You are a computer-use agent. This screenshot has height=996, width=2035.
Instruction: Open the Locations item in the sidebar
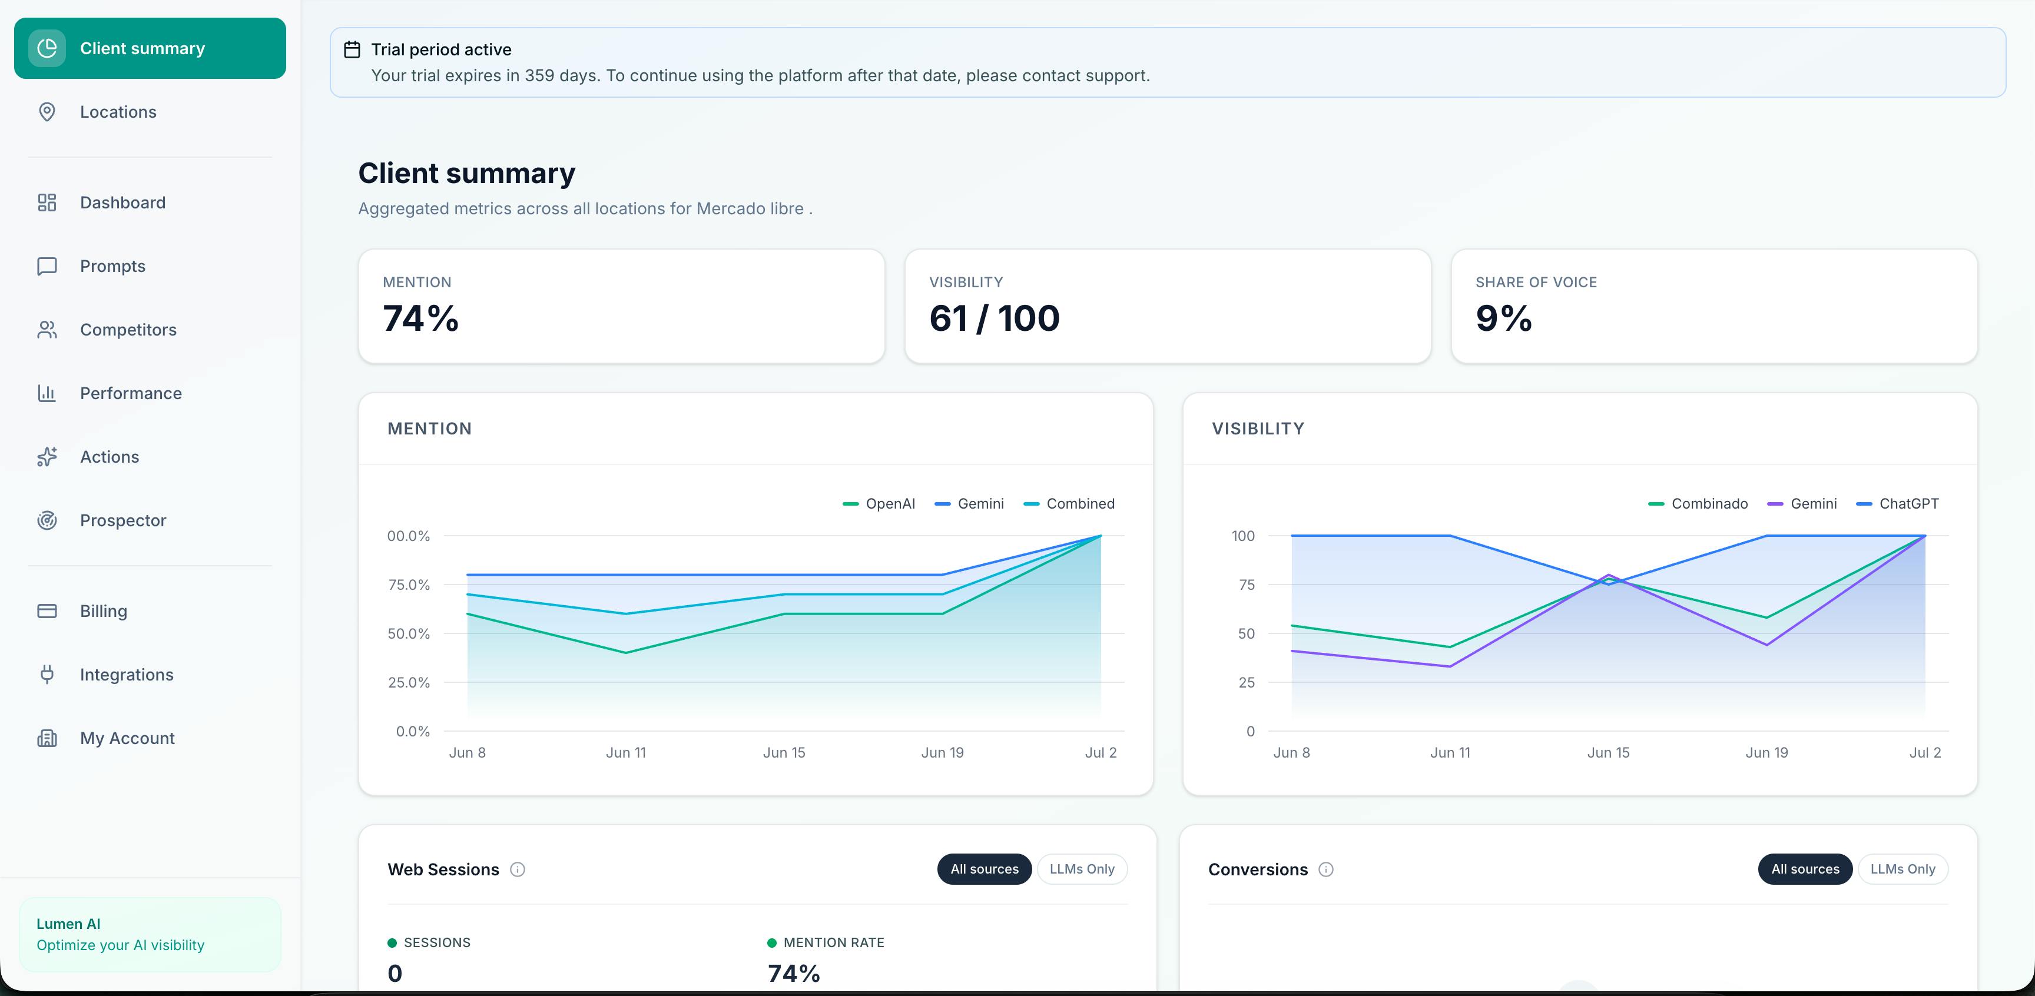118,112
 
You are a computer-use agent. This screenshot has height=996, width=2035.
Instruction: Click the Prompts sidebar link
112,266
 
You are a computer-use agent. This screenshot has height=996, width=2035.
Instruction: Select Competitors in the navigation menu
128,330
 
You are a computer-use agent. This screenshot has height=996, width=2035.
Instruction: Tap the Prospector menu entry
122,520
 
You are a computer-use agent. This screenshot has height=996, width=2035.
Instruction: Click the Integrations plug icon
47,675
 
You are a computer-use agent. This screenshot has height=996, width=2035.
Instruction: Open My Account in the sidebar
127,738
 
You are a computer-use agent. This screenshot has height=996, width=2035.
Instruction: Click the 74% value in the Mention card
420,318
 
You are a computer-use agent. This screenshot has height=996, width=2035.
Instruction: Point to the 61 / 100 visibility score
995,318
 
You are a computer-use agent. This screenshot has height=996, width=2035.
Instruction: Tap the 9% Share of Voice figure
1503,318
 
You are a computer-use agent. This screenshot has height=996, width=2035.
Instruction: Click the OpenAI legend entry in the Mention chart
879,504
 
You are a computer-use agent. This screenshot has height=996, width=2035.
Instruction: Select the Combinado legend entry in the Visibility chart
1698,504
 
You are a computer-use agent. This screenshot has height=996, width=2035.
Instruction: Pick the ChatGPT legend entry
1898,504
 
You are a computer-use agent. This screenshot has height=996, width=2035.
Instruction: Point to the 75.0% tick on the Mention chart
409,585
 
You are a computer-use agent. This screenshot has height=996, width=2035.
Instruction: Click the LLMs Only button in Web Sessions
1082,869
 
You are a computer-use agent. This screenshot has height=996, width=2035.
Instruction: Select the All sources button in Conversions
1805,869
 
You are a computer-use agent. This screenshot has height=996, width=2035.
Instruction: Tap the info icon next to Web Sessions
518,869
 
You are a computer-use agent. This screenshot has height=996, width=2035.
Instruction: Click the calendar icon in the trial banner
352,50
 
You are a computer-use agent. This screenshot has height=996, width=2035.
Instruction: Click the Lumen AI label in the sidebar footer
68,924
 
